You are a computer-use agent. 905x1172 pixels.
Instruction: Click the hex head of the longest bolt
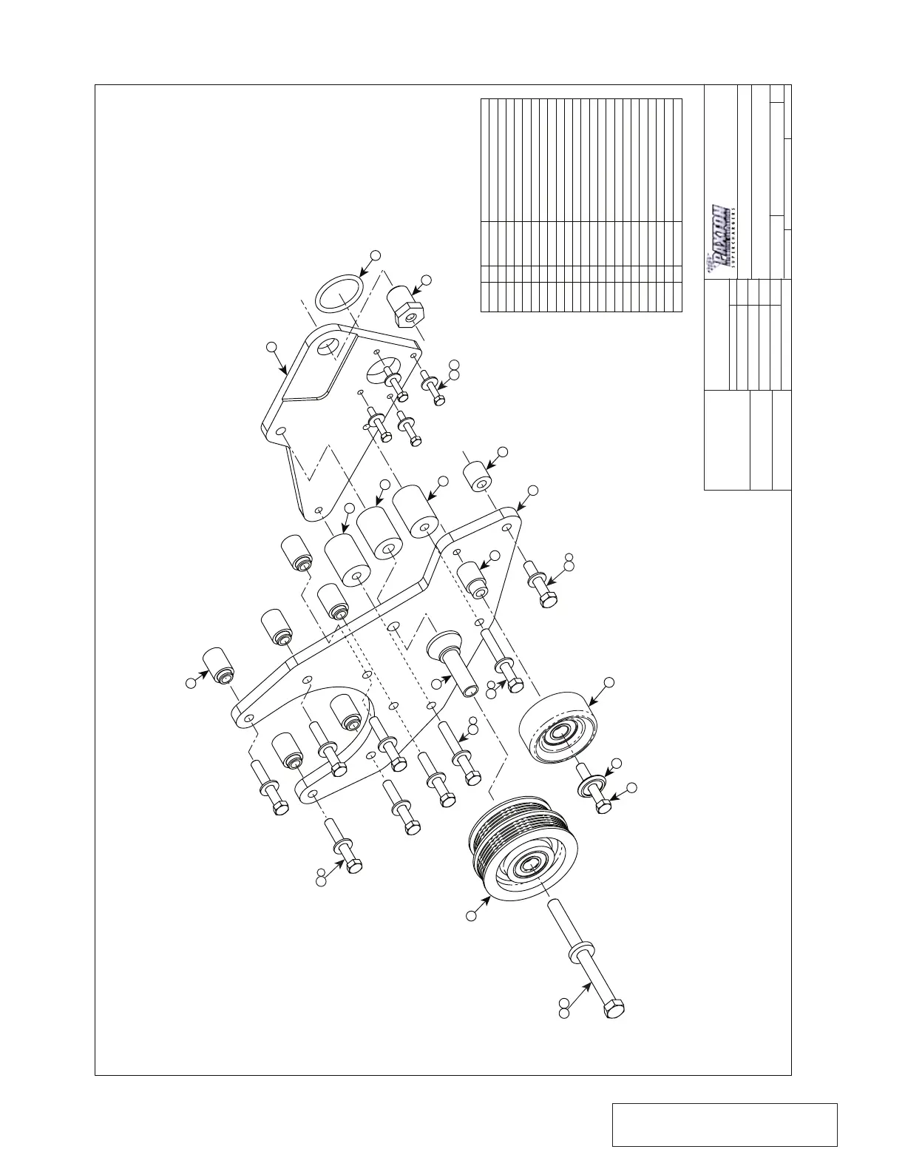614,1008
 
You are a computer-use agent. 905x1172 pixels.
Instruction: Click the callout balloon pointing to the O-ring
375,255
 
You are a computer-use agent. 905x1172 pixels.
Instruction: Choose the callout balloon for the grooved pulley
470,917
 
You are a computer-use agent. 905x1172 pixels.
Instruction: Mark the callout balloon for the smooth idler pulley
609,681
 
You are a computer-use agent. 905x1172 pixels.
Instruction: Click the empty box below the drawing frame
725,1125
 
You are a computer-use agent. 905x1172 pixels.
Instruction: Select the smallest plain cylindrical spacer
478,476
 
